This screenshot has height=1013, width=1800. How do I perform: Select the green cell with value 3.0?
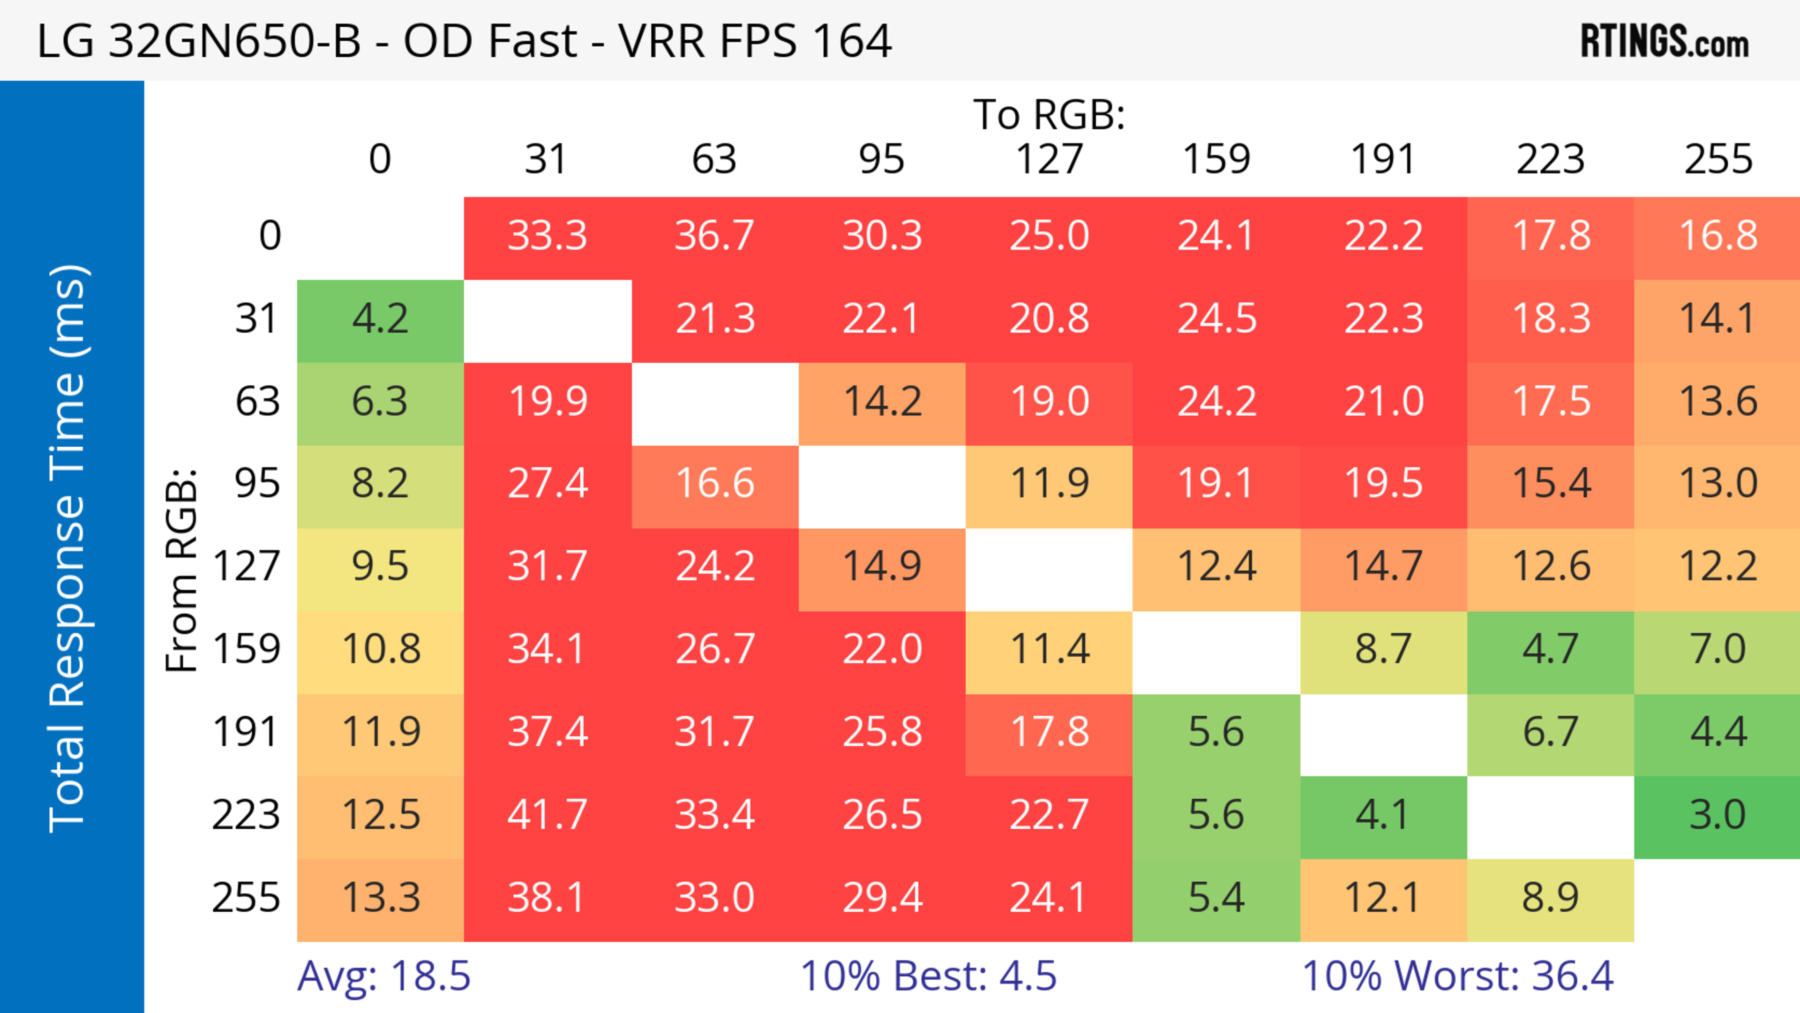[1717, 815]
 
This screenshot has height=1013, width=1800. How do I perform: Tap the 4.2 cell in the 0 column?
[380, 319]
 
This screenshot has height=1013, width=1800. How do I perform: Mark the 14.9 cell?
[882, 566]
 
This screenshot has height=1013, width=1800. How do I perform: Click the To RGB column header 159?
[1216, 159]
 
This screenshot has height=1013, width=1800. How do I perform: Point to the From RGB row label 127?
[247, 566]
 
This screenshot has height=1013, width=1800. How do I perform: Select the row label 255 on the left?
[246, 898]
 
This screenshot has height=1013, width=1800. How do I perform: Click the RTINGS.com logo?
[1665, 41]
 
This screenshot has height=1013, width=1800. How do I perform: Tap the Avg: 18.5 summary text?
[383, 976]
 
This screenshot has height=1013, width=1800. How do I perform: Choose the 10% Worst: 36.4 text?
[1458, 976]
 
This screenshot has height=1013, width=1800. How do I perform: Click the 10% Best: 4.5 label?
[928, 976]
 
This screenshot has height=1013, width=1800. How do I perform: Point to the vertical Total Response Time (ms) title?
[68, 548]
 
